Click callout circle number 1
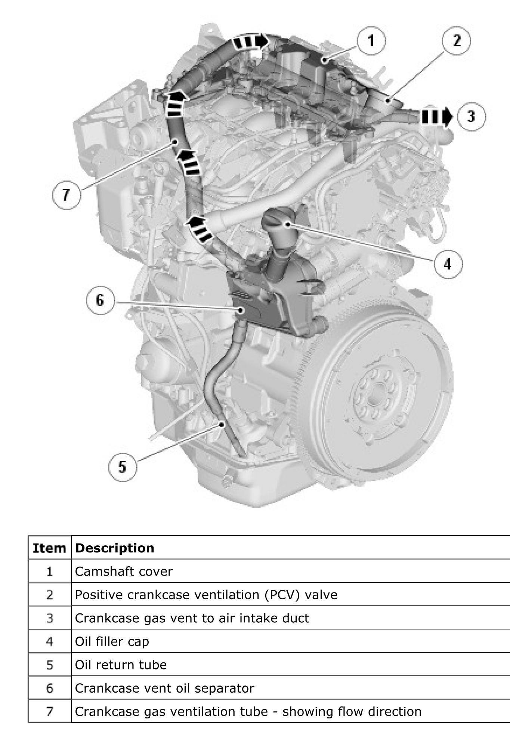pyautogui.click(x=371, y=40)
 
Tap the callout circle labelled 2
pyautogui.click(x=457, y=40)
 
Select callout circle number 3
pyautogui.click(x=471, y=116)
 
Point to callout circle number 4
pyautogui.click(x=448, y=264)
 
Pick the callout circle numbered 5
pyautogui.click(x=122, y=467)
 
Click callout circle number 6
pyautogui.click(x=100, y=300)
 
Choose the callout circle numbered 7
pyautogui.click(x=66, y=195)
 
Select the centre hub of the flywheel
pyautogui.click(x=375, y=396)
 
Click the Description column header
pyautogui.click(x=114, y=548)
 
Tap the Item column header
pyautogui.click(x=50, y=548)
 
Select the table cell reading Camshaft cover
pyautogui.click(x=124, y=572)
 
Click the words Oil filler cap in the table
pyautogui.click(x=112, y=641)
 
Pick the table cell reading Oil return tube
pyautogui.click(x=121, y=665)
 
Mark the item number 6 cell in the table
pyautogui.click(x=50, y=688)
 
